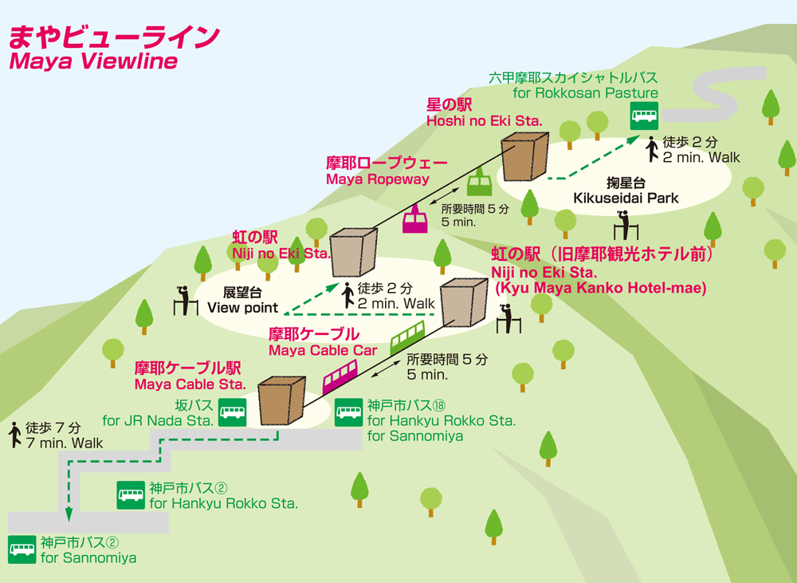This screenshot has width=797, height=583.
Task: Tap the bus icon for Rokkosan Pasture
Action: click(x=643, y=116)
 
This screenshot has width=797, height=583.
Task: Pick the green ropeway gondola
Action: click(x=479, y=184)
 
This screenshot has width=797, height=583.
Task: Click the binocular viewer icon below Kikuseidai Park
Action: click(x=626, y=225)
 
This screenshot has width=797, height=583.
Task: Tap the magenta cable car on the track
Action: click(x=340, y=376)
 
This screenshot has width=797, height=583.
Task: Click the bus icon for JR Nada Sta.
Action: click(x=232, y=412)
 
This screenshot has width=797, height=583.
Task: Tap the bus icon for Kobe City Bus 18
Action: click(x=348, y=412)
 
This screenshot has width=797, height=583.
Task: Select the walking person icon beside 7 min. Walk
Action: click(x=14, y=435)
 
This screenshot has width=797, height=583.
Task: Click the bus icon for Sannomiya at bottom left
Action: click(x=22, y=550)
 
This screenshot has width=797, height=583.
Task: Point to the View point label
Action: click(x=242, y=307)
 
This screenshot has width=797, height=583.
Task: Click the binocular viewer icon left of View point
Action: click(x=185, y=299)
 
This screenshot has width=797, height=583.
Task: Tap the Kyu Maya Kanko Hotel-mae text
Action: click(x=600, y=288)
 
